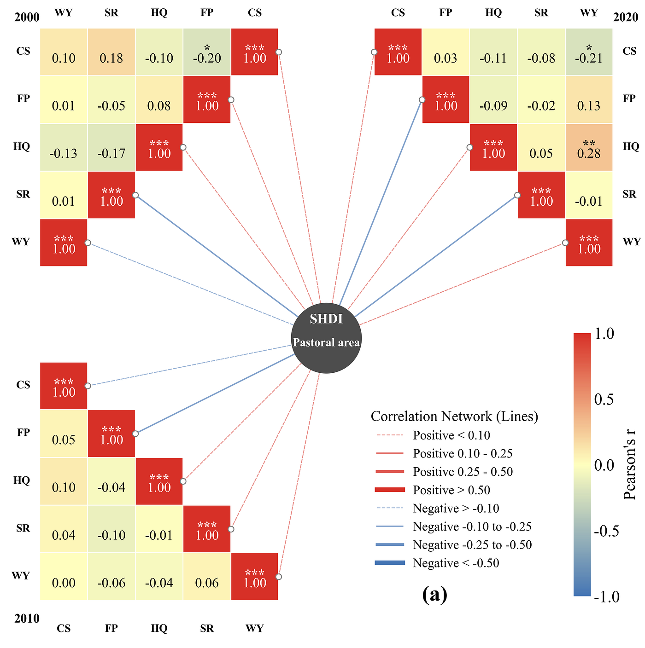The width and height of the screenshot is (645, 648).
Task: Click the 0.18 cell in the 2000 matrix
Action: tap(111, 52)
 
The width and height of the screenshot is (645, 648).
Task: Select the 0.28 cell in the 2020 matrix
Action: tap(588, 147)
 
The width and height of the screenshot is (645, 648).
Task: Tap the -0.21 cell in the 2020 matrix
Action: tap(588, 52)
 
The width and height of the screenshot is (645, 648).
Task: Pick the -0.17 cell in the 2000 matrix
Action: tap(111, 147)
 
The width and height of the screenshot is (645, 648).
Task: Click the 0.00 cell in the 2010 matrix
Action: tap(64, 576)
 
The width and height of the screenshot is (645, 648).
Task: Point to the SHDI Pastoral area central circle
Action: tap(326, 338)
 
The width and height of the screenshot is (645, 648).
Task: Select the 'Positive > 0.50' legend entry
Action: tap(432, 490)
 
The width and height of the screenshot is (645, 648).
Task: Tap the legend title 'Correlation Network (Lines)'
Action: tap(454, 417)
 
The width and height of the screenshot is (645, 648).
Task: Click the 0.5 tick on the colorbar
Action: tap(604, 399)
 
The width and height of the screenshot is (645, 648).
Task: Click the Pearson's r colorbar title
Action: tap(629, 465)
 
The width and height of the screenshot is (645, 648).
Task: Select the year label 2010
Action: tap(27, 618)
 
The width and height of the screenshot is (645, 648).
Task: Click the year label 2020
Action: tap(626, 17)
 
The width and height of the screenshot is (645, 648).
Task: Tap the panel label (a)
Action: tap(434, 595)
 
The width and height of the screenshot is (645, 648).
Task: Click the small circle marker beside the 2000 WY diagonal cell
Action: tap(88, 243)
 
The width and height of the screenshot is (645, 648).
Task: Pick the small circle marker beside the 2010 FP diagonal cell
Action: tap(135, 434)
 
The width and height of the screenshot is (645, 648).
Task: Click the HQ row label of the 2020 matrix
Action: tap(631, 146)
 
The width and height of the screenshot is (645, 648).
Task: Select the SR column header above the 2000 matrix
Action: tap(111, 12)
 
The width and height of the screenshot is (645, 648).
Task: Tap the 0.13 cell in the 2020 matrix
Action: tap(588, 99)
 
